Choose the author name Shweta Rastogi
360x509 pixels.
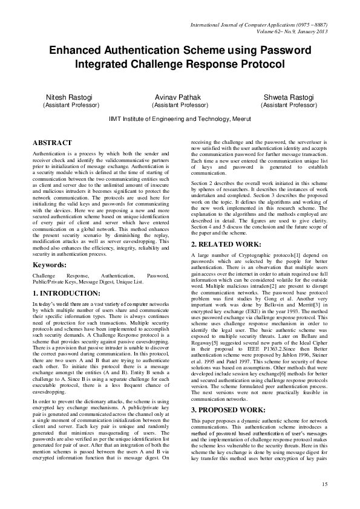pos(289,97)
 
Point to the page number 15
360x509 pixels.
pos(324,484)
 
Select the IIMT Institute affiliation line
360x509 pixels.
pos(180,120)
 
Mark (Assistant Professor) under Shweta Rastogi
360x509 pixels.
pos(289,105)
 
